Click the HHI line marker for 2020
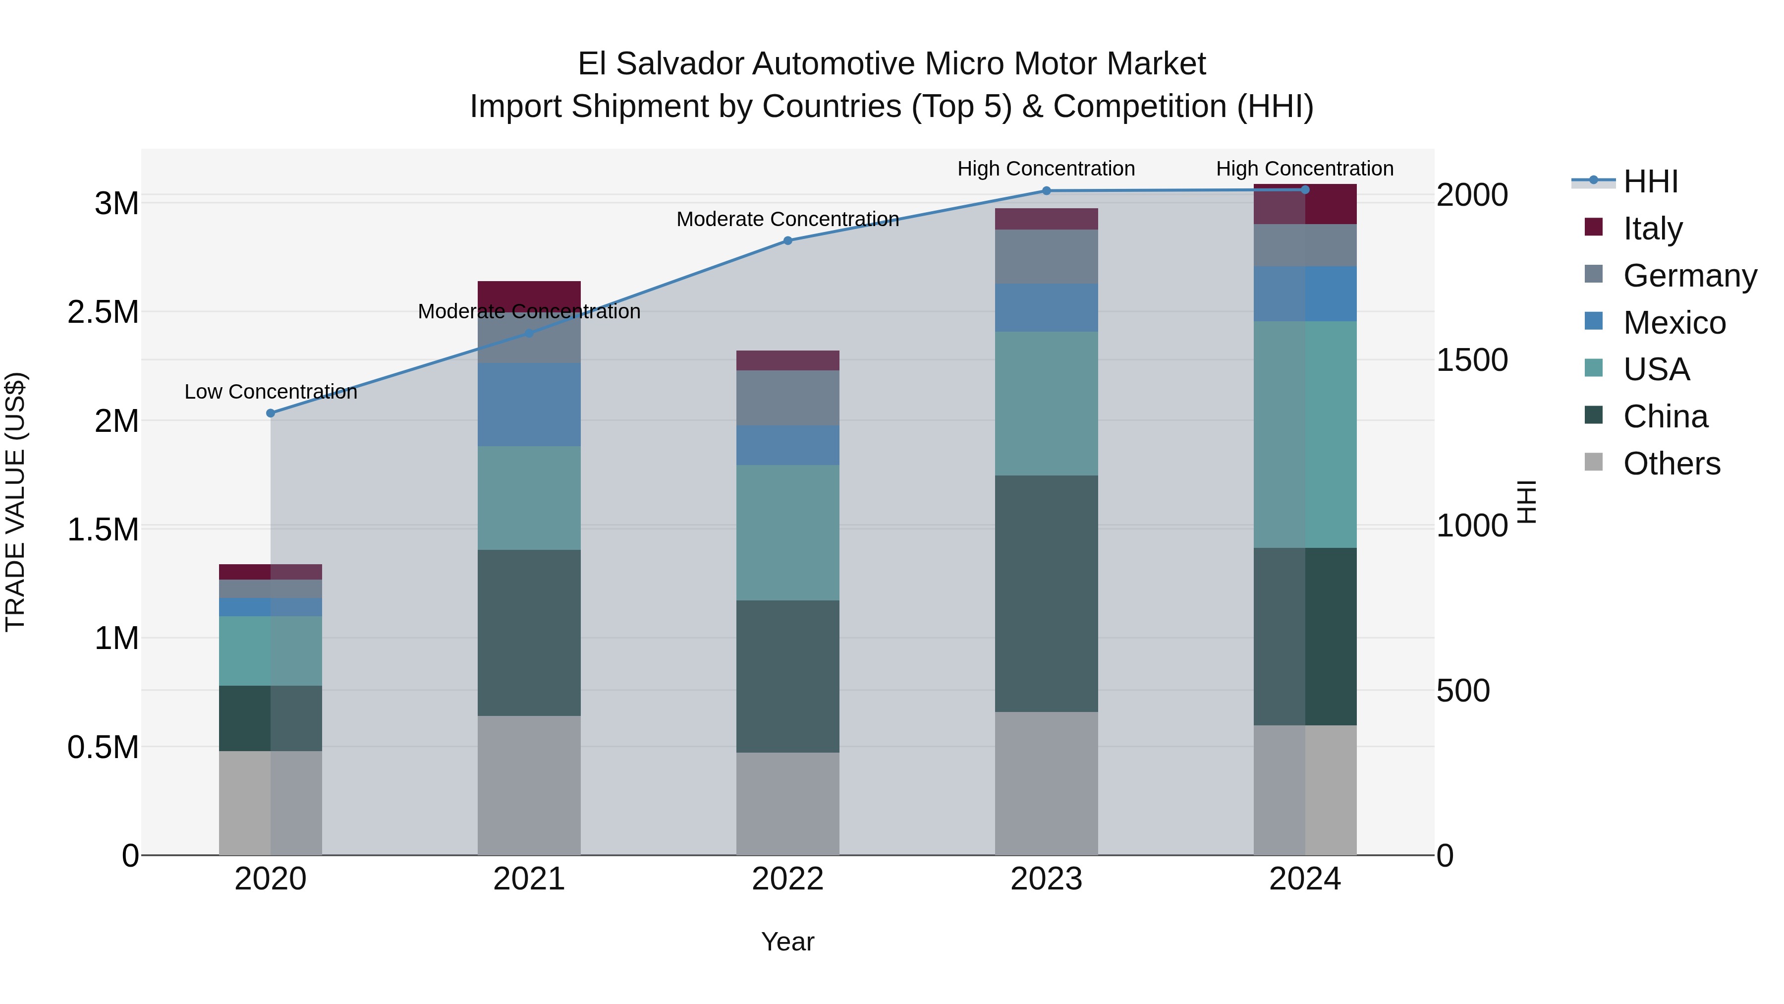coord(271,413)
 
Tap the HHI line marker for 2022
coord(787,240)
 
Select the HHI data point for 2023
coord(1047,190)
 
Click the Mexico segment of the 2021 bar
coord(529,405)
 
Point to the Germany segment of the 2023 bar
coord(1047,256)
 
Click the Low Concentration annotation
coord(271,392)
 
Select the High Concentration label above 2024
coord(1305,169)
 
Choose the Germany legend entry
coord(1689,276)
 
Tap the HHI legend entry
coord(1650,181)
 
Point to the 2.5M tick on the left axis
coord(103,312)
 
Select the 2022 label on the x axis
coord(787,879)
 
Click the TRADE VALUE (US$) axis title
coord(15,502)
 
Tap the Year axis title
coord(787,942)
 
